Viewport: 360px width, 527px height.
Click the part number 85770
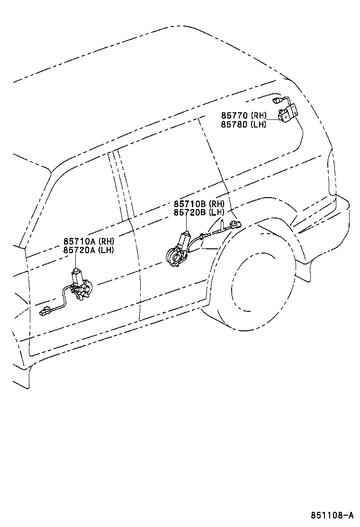(234, 115)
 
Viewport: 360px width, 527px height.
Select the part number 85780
(234, 124)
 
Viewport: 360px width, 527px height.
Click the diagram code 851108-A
(332, 515)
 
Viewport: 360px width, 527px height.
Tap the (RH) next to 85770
(258, 115)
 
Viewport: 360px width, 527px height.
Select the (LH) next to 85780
(258, 124)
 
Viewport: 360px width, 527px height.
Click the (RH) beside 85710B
(216, 204)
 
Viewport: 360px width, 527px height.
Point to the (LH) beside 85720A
(106, 250)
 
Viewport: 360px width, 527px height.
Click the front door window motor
(81, 284)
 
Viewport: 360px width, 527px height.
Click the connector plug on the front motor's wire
(44, 312)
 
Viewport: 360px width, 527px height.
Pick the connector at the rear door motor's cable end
(236, 224)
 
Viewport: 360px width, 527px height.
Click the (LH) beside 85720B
(216, 212)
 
